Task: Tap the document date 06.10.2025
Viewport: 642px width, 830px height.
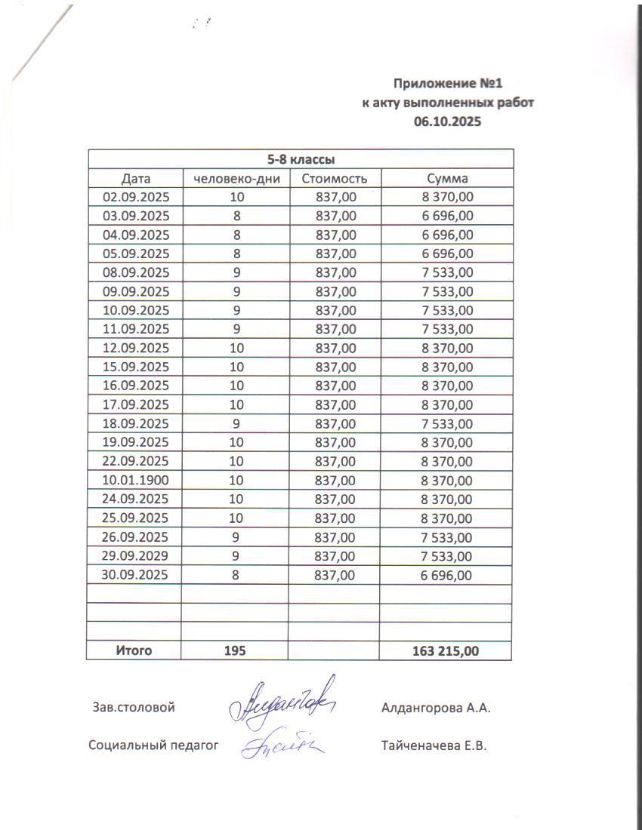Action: coord(448,121)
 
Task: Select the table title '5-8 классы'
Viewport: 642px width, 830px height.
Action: coord(301,159)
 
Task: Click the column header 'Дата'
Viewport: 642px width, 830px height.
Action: coord(136,179)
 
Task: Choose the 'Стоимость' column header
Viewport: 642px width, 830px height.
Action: coord(334,179)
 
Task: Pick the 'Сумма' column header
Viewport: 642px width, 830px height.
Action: coord(447,179)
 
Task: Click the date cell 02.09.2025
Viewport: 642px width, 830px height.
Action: coord(136,198)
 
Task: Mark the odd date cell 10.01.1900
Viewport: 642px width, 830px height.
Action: coord(136,481)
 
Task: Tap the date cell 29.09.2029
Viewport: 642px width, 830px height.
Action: coord(136,556)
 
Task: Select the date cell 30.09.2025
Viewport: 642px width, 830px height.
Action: coord(136,575)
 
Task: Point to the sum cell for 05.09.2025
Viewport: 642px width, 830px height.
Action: coord(447,254)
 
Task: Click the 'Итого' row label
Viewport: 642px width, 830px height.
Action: coord(134,650)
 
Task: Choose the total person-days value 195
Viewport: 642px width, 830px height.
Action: coord(235,650)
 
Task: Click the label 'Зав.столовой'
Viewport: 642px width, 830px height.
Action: coord(134,708)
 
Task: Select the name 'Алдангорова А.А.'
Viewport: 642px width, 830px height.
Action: coord(437,708)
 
